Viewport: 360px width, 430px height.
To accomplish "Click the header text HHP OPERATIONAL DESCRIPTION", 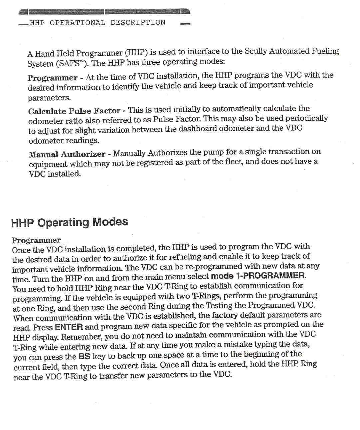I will coord(97,23).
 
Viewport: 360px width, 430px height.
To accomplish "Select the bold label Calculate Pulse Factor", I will coord(74,111).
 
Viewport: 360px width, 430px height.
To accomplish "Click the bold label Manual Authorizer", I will coord(67,154).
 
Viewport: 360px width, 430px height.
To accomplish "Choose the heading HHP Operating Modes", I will coord(69,222).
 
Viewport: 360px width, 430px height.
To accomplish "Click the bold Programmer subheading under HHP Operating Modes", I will coord(36,240).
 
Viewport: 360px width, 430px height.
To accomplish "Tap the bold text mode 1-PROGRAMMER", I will coord(258,276).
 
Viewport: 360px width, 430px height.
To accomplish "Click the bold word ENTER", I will coord(69,327).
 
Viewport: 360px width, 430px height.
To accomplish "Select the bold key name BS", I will coord(84,357).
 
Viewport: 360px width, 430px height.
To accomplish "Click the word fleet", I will coord(233,162).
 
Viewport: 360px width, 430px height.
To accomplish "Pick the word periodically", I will coord(306,118).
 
